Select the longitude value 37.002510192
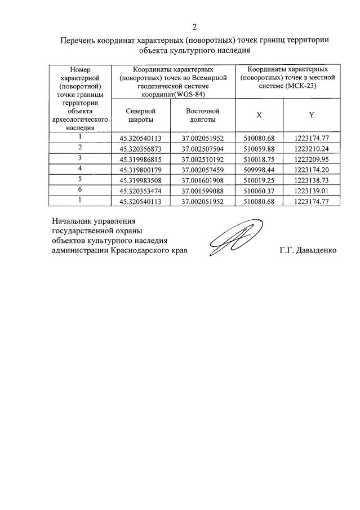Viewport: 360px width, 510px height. [x=203, y=159]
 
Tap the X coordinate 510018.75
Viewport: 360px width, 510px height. [x=258, y=159]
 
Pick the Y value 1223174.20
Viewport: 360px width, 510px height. [x=311, y=169]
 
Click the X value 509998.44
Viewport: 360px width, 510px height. [x=258, y=169]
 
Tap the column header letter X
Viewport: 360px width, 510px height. [x=259, y=115]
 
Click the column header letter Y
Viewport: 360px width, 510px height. [x=312, y=115]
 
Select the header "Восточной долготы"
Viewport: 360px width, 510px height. [x=203, y=115]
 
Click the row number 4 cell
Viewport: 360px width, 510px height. [x=80, y=168]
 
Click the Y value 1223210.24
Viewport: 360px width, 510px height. [x=311, y=148]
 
